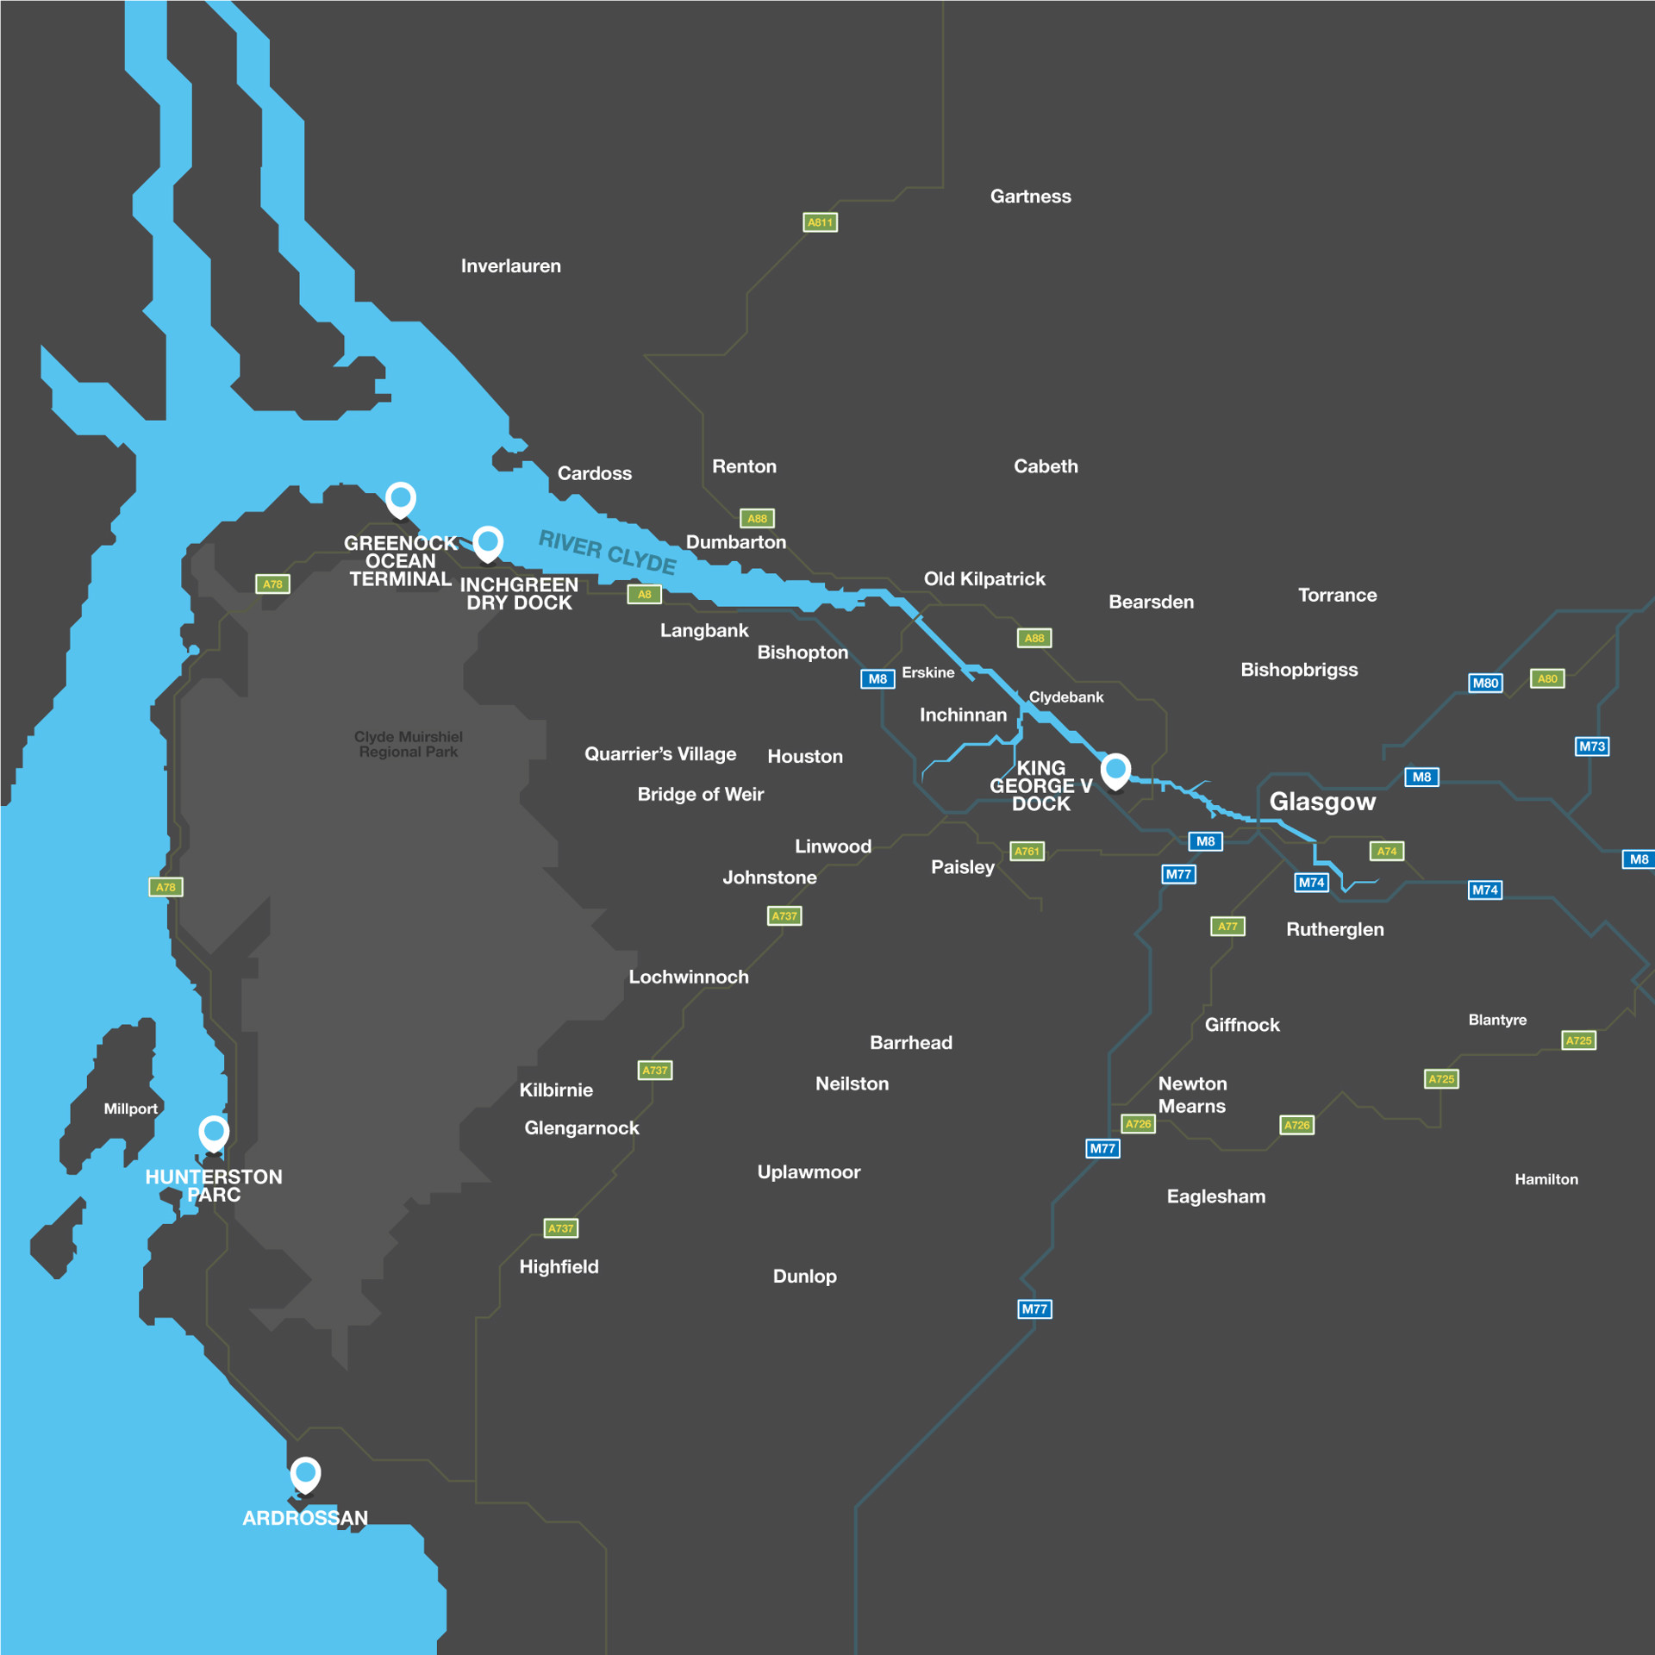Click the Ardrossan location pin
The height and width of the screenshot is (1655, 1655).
point(305,1474)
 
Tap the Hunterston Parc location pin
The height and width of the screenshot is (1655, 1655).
point(214,1132)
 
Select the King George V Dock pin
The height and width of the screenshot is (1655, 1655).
point(1115,769)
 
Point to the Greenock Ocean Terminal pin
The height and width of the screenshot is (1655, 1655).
point(401,497)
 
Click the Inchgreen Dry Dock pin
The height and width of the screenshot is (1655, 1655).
point(488,542)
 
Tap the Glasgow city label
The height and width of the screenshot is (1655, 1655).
point(1322,802)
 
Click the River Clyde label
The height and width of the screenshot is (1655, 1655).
point(607,553)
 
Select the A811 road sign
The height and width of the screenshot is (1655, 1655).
point(820,222)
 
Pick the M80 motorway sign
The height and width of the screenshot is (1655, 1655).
point(1485,683)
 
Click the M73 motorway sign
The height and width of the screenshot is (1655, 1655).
point(1591,746)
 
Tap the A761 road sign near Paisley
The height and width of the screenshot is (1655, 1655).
point(1027,851)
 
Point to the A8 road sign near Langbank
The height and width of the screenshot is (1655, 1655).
point(644,594)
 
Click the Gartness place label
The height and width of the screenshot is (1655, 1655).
point(1030,197)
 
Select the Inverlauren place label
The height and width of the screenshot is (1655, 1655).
point(510,266)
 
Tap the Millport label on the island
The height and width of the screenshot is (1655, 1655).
point(130,1109)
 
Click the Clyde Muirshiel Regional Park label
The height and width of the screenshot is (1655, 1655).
point(409,744)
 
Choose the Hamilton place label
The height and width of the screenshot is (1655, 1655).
point(1546,1179)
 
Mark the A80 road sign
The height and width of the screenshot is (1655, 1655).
point(1547,678)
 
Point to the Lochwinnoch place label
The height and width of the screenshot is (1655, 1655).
point(688,977)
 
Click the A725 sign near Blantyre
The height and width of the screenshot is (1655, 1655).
point(1578,1040)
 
